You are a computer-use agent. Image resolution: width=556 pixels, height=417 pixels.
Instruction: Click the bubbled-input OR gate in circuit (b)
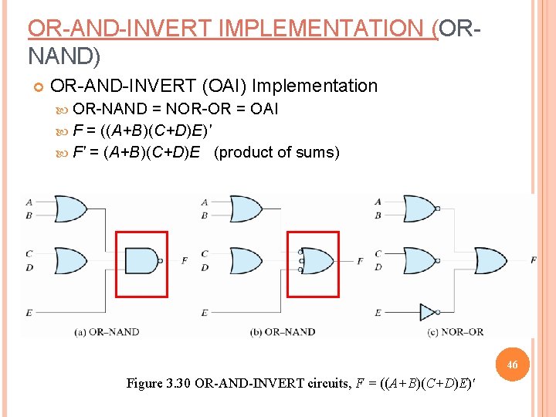coord(317,261)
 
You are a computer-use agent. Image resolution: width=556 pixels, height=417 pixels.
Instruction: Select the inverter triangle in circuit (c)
coord(428,312)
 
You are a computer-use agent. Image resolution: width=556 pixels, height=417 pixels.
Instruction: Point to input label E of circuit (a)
coord(29,312)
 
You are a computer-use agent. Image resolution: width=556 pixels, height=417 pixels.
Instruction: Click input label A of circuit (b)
coord(205,202)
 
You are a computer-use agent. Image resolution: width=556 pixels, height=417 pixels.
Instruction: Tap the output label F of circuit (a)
coord(184,261)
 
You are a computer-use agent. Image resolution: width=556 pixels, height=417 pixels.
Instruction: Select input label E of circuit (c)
coord(378,312)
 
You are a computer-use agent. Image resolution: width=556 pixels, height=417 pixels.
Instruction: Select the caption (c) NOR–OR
coord(456,332)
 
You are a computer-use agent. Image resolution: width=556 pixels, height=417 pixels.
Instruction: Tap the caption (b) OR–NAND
coord(283,332)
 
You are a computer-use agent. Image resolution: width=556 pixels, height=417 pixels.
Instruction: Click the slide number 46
coord(514,364)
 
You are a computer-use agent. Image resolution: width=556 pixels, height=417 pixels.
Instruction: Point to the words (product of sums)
coord(276,152)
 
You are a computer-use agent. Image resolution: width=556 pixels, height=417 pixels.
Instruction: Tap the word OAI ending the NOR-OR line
coord(265,109)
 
